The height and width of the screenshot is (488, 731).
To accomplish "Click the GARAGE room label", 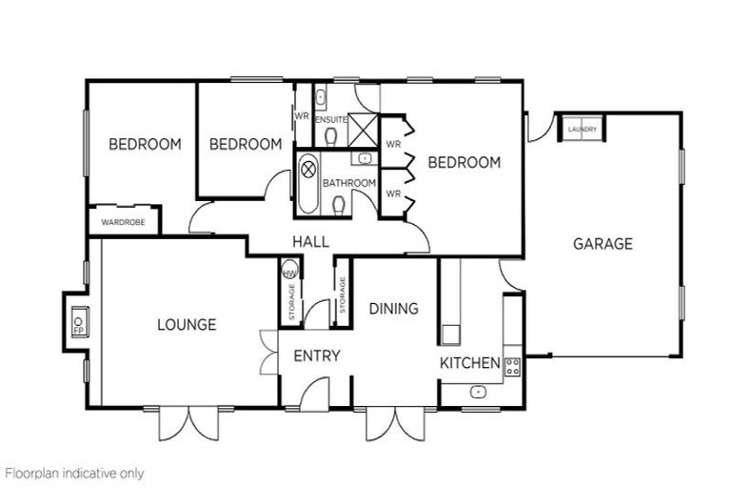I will (602, 244).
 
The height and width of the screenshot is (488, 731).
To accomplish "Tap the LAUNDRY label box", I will (581, 129).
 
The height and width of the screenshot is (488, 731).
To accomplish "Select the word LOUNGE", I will (187, 325).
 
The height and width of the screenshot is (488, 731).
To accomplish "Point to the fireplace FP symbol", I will (78, 323).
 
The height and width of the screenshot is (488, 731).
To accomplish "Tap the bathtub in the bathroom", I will (308, 181).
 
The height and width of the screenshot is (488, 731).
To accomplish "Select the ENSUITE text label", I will (330, 119).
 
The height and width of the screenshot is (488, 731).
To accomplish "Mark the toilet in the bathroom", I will (339, 203).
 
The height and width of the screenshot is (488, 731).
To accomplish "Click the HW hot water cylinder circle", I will (289, 272).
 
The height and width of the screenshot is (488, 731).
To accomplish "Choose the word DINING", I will (394, 309).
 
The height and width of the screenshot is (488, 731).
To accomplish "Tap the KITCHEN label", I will (469, 363).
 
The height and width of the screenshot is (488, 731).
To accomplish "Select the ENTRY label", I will (317, 356).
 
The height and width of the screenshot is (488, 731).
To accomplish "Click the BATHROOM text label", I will (349, 183).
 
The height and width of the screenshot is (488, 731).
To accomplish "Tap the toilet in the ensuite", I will (329, 137).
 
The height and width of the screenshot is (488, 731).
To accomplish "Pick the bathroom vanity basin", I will (364, 158).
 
